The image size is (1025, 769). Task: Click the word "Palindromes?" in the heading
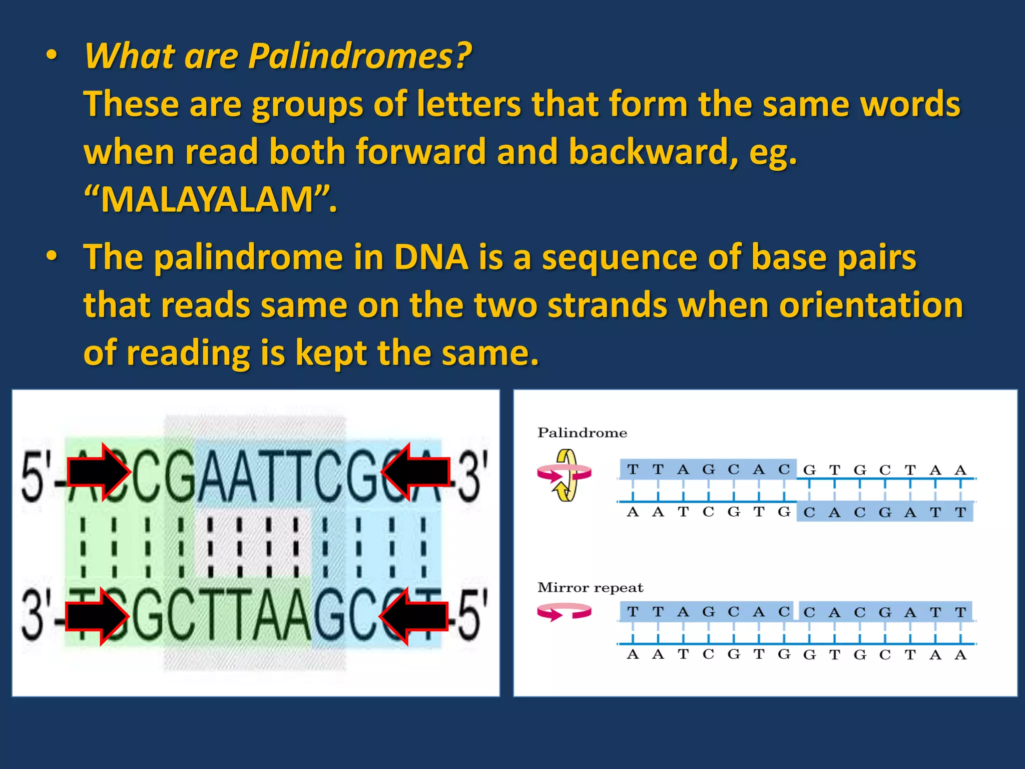359,56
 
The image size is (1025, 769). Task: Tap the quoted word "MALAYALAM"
207,200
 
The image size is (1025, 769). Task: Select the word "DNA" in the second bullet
431,257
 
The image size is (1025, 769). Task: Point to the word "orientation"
871,305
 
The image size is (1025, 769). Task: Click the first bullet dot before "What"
52,56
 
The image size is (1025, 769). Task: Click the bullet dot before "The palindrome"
52,257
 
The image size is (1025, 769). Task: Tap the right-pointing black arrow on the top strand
99,472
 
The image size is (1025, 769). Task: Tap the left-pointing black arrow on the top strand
415,472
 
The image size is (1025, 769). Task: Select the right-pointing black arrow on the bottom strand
97,616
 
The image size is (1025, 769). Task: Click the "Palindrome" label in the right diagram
582,433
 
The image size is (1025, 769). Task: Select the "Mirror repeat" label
590,587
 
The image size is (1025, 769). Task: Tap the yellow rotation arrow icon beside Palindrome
566,475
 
